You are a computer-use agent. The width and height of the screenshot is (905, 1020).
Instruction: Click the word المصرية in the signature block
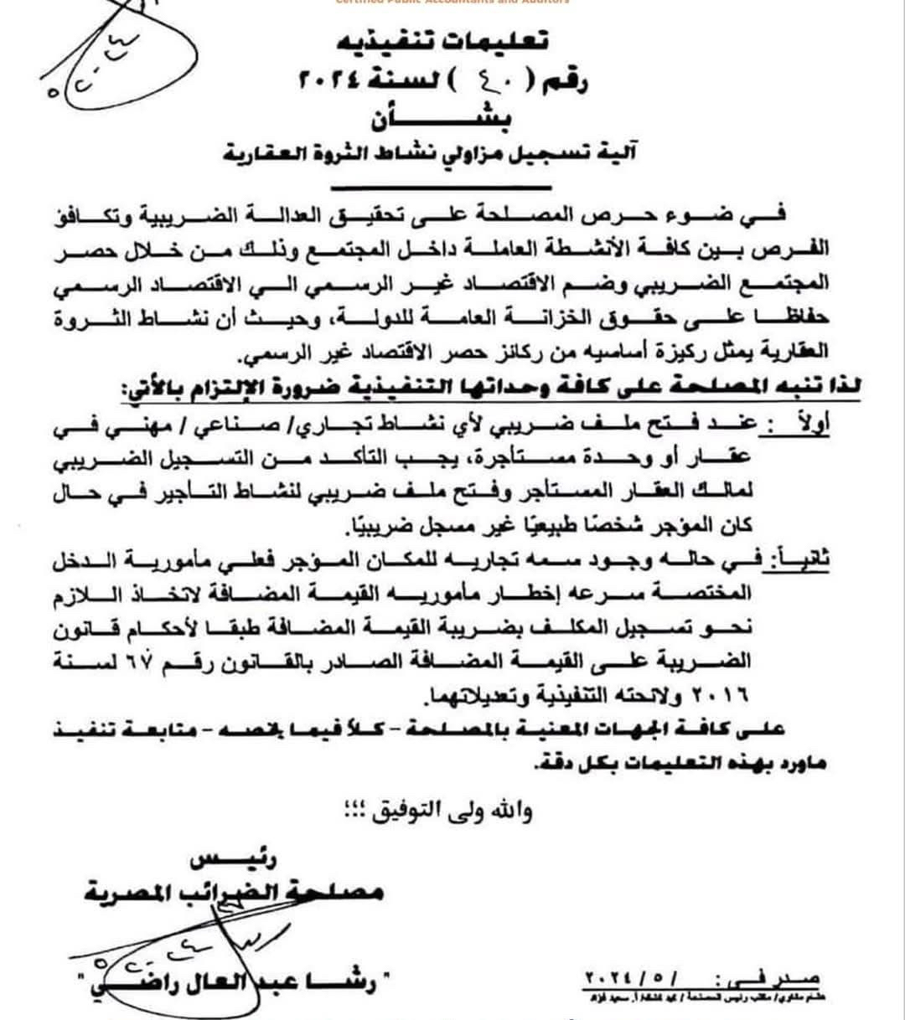tap(127, 894)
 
